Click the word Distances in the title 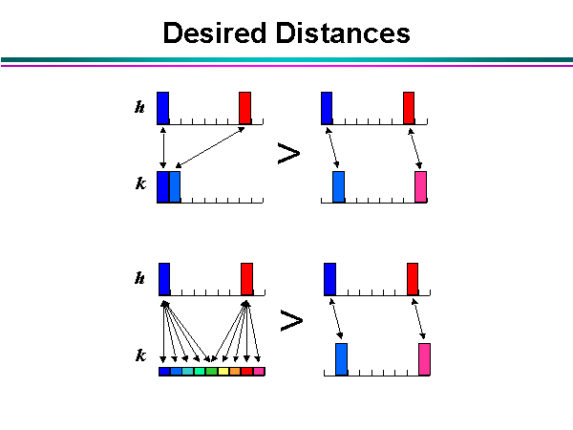(x=344, y=33)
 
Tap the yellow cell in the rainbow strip (x=223, y=371)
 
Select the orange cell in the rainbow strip (x=235, y=371)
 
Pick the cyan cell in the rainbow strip (x=188, y=371)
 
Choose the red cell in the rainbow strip (x=246, y=371)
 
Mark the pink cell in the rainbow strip (x=258, y=371)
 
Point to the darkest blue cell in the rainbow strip (x=164, y=371)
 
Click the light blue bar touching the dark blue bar (x=175, y=186)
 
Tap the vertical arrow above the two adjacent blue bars (x=163, y=147)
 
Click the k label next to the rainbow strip (x=140, y=355)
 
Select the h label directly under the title (x=140, y=108)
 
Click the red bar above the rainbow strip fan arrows (x=246, y=278)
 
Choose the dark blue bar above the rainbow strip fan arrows (x=164, y=278)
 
